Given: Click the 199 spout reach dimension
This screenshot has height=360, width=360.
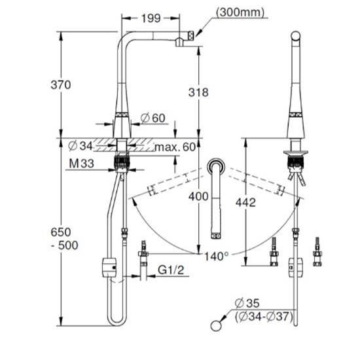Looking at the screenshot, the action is pyautogui.click(x=151, y=18).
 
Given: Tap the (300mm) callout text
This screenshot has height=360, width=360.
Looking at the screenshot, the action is pyautogui.click(x=240, y=12).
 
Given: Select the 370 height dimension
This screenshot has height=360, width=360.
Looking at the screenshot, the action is pyautogui.click(x=61, y=84).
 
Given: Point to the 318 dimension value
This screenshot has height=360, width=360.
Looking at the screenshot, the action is pyautogui.click(x=198, y=92).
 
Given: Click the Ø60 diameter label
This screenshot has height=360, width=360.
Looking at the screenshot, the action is pyautogui.click(x=153, y=118).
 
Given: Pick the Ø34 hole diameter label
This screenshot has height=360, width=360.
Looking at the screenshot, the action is pyautogui.click(x=81, y=146).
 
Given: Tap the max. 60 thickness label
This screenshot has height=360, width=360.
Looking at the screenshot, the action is pyautogui.click(x=175, y=147).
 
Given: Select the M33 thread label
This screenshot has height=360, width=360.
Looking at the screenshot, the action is pyautogui.click(x=82, y=164).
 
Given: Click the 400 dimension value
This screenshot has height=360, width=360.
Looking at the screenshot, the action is pyautogui.click(x=198, y=196).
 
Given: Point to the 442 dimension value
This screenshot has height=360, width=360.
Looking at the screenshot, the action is pyautogui.click(x=245, y=202).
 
